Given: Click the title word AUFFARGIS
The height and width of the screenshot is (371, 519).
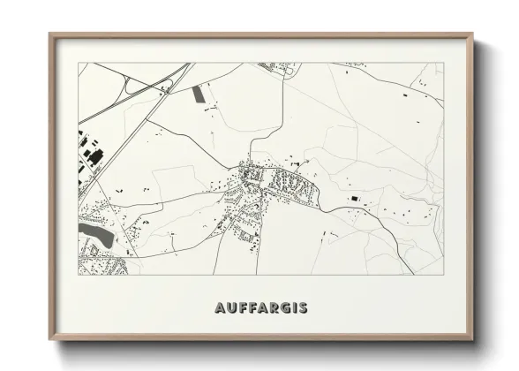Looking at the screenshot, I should (260, 308).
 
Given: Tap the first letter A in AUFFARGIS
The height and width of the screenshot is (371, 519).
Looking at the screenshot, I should (219, 308).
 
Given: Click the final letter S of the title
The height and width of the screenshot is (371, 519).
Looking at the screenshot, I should (303, 308).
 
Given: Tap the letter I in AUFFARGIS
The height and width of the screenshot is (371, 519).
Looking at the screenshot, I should (293, 308).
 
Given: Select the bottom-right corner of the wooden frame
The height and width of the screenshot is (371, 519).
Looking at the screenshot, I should (472, 340).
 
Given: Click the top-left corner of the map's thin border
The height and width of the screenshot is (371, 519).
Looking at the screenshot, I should (79, 63).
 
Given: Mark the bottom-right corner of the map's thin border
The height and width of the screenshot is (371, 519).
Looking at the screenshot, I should (443, 275).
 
